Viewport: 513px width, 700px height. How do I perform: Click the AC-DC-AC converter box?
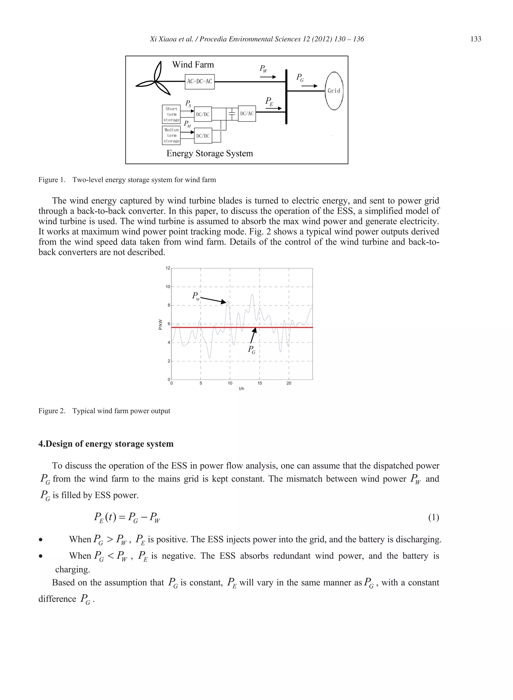200,81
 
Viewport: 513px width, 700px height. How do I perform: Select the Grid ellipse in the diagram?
334,91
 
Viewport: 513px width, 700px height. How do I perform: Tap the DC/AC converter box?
247,114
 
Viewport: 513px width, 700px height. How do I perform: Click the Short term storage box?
171,114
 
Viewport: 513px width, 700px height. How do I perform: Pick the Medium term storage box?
171,135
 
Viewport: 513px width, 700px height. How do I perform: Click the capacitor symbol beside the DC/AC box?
232,114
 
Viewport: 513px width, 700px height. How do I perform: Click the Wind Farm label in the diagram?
193,65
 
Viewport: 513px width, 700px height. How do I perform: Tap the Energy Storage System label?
210,153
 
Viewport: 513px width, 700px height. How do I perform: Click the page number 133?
476,39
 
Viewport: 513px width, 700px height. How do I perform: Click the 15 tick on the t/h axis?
260,383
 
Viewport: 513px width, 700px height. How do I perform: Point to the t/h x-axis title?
241,389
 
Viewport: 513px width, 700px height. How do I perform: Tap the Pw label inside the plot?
196,296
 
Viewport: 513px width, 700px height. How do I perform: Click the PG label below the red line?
251,350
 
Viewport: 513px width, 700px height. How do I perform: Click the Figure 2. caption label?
52,411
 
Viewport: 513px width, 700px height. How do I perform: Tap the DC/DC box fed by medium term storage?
203,136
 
